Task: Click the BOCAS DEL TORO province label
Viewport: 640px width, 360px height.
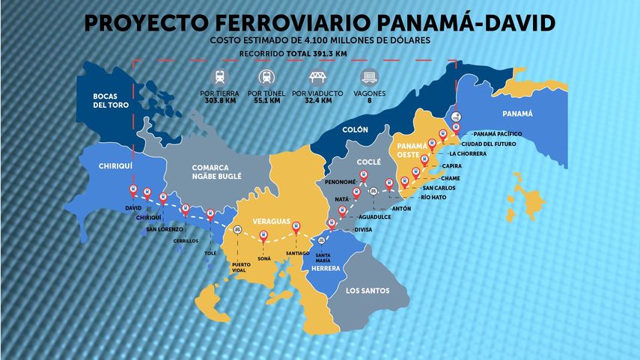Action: coord(106,100)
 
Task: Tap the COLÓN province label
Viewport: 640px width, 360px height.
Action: coord(355,130)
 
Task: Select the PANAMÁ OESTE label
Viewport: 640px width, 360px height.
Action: coord(412,150)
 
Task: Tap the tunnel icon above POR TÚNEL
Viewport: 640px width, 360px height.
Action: coord(266,76)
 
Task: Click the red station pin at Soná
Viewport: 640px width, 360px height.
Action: coord(263,237)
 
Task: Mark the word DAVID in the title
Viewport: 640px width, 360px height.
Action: coord(511,23)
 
